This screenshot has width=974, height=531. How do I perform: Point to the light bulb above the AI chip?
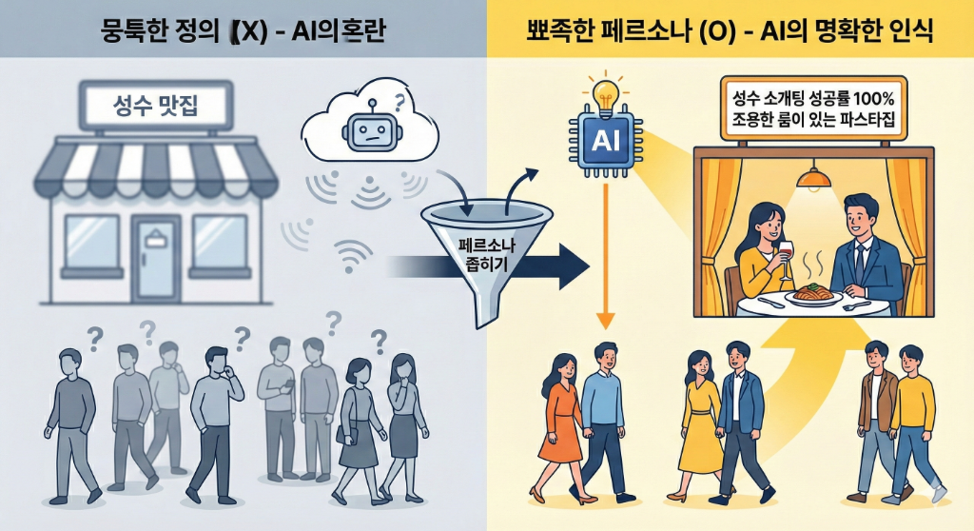coord(605,93)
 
